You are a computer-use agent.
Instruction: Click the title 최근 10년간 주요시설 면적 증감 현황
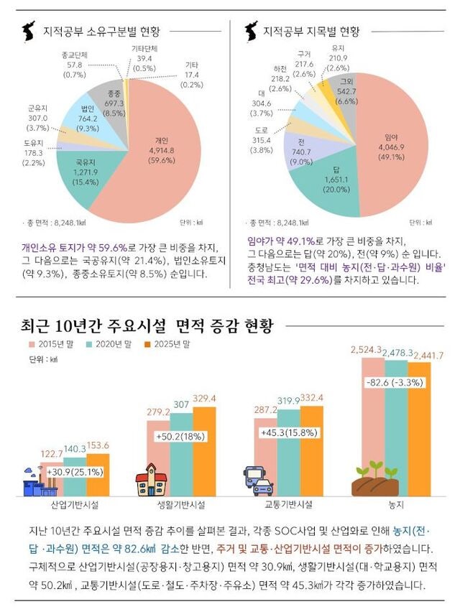pos(147,325)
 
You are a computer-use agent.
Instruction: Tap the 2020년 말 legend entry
pos(108,344)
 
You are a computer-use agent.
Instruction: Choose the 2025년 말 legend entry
pos(167,344)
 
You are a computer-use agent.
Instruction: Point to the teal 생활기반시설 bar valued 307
pos(181,453)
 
